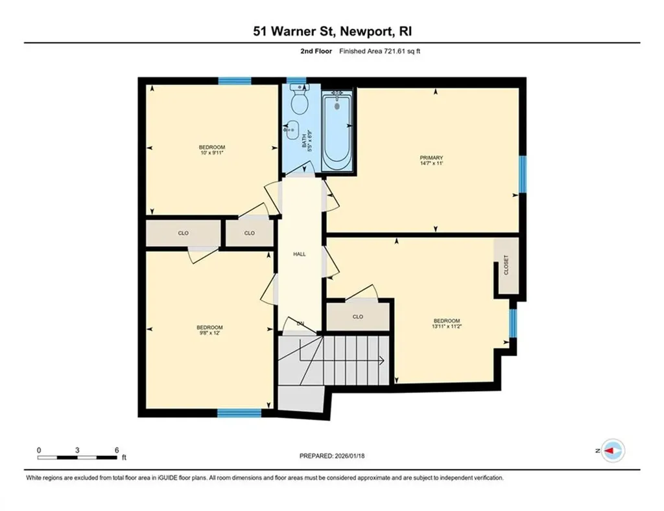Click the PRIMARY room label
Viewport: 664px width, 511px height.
pos(431,157)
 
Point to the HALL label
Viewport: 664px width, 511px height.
pos(299,254)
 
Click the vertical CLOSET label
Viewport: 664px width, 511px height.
pos(506,266)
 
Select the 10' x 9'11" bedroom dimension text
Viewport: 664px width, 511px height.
pos(211,153)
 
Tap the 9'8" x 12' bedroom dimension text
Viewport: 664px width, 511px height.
pos(210,333)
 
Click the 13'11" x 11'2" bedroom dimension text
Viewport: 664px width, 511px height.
pos(446,327)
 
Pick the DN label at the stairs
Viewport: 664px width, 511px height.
pos(300,323)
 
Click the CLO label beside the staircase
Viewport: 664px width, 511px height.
pos(358,317)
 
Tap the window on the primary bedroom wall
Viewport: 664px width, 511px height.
pos(523,174)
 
